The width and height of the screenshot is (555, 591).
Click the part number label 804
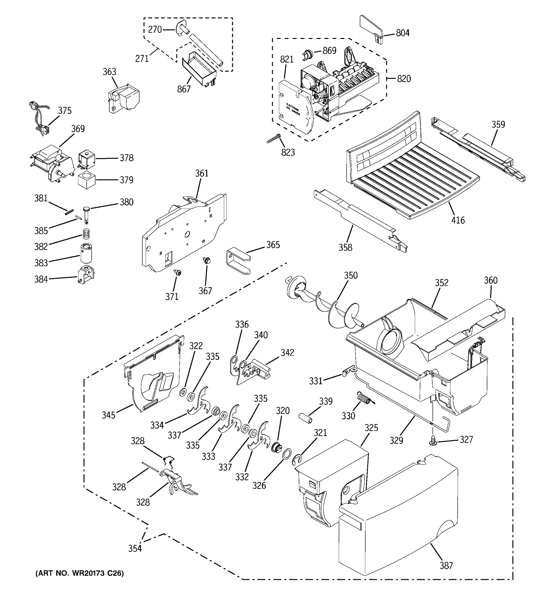click(x=403, y=33)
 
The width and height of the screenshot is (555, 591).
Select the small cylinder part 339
click(x=305, y=418)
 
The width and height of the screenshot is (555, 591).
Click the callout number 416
click(x=458, y=220)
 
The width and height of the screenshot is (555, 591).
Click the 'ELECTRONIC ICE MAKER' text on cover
click(x=293, y=110)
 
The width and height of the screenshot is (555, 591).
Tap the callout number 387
click(x=446, y=565)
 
